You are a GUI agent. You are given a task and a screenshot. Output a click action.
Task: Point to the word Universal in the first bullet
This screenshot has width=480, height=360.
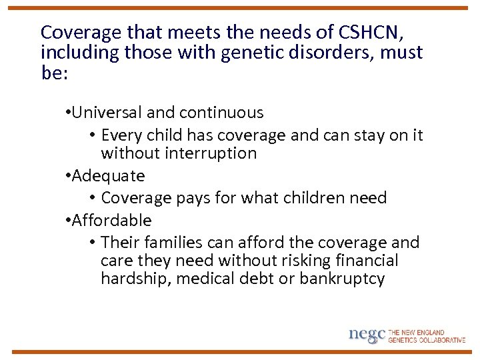[105, 113]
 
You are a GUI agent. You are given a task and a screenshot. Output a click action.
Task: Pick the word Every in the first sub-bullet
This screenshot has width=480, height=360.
[121, 135]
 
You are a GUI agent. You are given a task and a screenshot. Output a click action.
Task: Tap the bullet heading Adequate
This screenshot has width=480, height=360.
[108, 176]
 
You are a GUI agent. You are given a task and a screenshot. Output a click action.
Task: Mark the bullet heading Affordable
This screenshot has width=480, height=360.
[111, 220]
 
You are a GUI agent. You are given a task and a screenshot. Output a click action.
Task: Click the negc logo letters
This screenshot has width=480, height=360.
[367, 335]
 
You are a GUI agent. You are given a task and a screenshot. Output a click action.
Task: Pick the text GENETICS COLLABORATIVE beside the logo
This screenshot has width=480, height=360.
[427, 340]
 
